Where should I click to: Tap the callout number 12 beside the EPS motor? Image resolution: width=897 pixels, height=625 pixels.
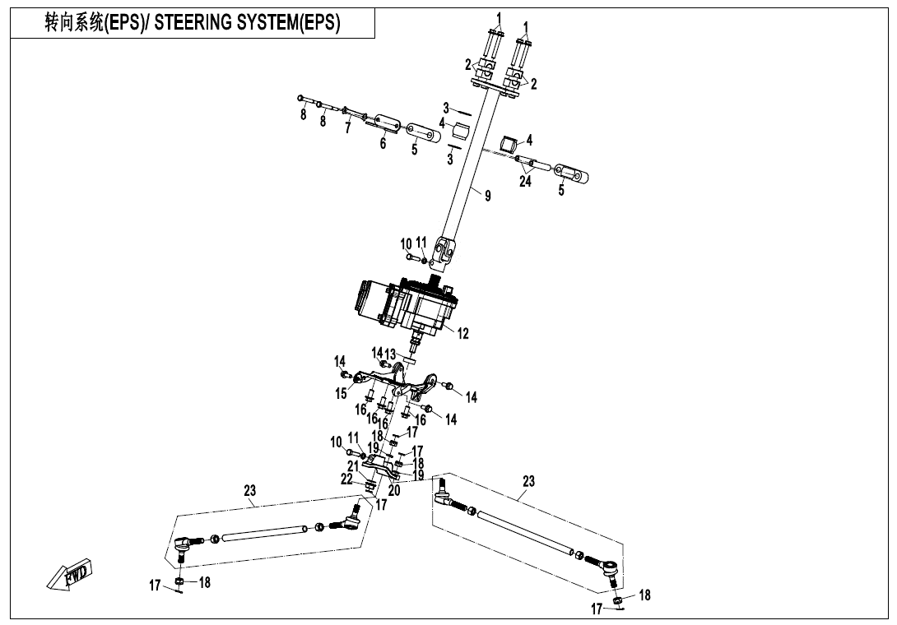click(x=462, y=333)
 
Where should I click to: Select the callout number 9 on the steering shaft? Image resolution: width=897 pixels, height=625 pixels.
click(x=488, y=196)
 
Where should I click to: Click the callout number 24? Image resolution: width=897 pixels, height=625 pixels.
click(x=525, y=182)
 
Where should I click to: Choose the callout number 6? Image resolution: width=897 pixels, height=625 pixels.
click(x=383, y=143)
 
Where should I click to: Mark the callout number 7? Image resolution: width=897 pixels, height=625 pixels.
click(x=348, y=128)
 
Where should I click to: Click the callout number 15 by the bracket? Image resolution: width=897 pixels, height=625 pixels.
click(x=341, y=394)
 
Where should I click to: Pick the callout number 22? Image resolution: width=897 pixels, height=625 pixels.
click(x=346, y=479)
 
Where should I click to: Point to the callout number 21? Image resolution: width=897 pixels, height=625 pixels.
click(x=352, y=466)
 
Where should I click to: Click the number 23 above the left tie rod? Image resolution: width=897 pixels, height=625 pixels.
click(x=250, y=491)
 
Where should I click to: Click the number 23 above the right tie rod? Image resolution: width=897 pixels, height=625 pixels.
click(x=528, y=481)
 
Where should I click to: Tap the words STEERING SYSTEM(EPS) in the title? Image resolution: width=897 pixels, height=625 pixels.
click(x=247, y=23)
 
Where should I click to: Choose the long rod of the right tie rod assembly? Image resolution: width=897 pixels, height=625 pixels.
click(x=523, y=533)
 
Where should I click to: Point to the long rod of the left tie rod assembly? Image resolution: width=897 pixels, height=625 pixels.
click(x=263, y=534)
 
